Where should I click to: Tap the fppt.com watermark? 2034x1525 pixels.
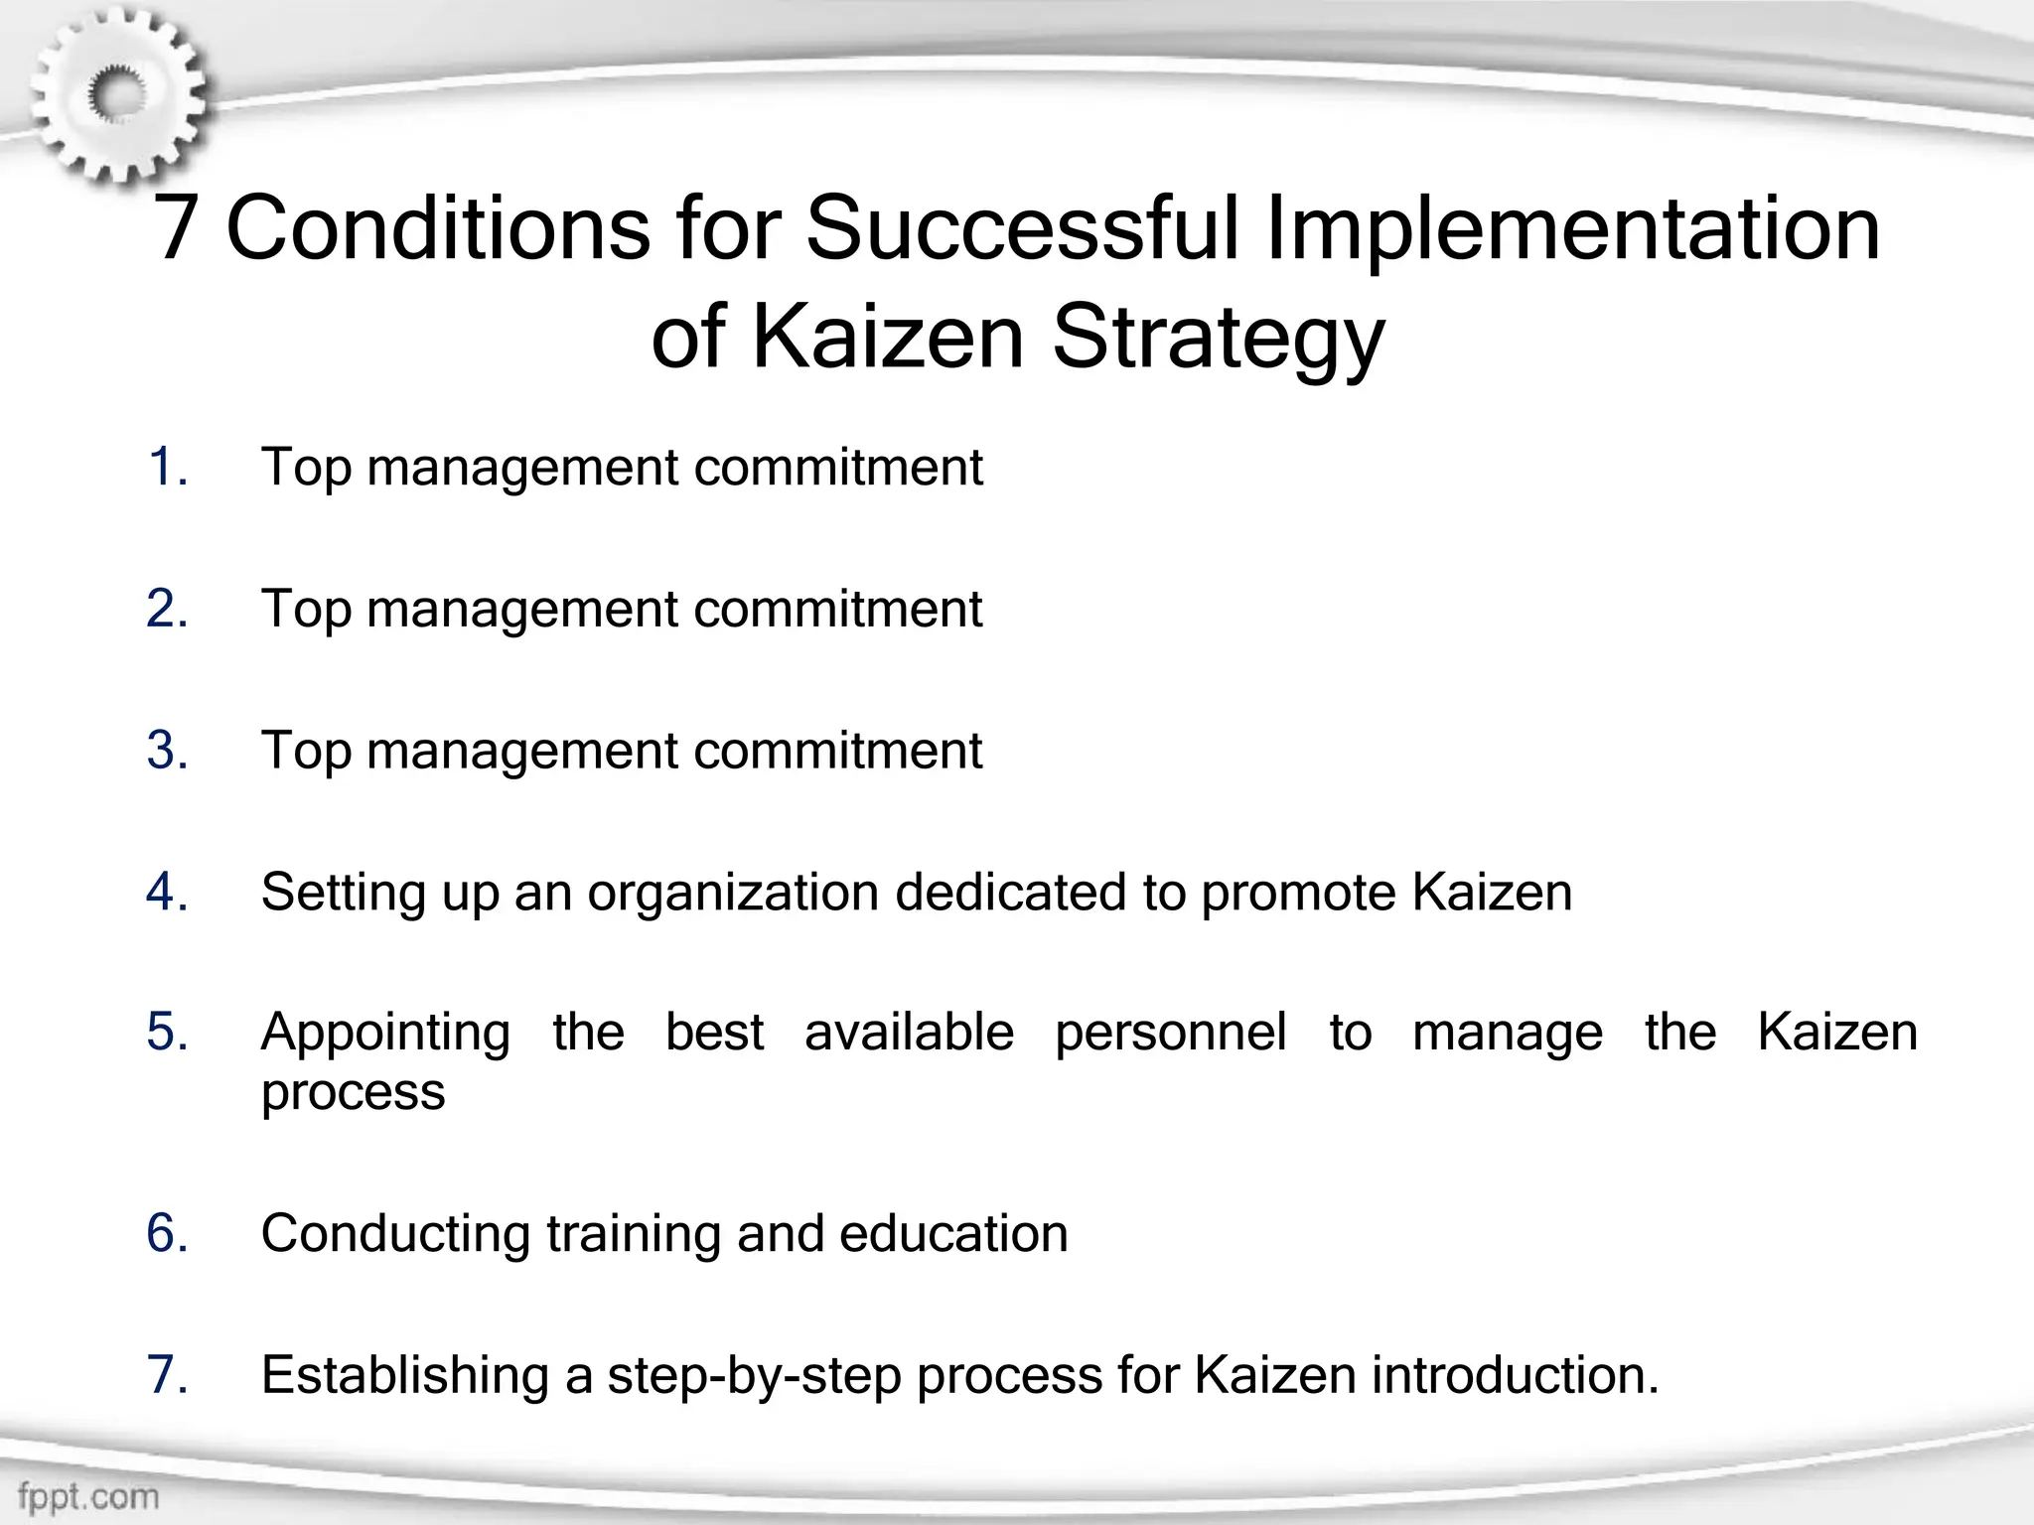(87, 1494)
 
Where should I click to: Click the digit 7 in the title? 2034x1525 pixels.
(175, 228)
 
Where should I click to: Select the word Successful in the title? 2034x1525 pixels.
(1021, 228)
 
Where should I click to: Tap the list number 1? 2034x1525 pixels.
(167, 467)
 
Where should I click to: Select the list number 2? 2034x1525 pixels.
(167, 609)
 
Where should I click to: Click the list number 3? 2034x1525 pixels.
(167, 750)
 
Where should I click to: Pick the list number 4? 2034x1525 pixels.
(167, 892)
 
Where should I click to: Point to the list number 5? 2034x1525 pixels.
(167, 1033)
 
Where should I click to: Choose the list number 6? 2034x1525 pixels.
(167, 1233)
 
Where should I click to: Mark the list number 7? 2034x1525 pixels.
(167, 1375)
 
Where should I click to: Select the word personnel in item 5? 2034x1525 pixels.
(1171, 1034)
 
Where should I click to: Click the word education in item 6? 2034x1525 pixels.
(953, 1234)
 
